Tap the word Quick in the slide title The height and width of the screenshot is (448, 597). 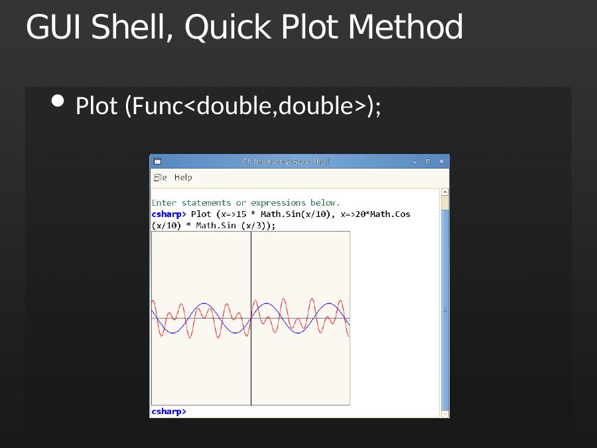coord(228,27)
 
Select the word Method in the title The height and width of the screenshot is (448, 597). coord(405,27)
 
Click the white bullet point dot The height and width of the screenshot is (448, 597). coord(58,101)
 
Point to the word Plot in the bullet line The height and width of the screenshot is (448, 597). coord(96,106)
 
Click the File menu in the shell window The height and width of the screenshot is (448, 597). coord(161,177)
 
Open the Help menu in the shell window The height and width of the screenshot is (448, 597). coord(183,177)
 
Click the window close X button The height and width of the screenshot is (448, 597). coord(441,161)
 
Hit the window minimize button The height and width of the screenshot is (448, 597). coord(415,161)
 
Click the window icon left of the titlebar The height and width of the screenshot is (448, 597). coord(157,161)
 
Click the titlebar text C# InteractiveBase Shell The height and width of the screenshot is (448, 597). coord(285,161)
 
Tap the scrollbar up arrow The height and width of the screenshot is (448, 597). coord(444,192)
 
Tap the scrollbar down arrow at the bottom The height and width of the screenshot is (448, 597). coord(444,413)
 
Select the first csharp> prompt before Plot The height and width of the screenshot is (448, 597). coord(168,214)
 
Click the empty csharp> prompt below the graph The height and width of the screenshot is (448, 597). coord(168,411)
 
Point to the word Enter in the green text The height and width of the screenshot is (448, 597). coord(164,202)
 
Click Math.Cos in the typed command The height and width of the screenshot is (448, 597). coord(390,214)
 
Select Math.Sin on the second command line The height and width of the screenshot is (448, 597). coord(216,226)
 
